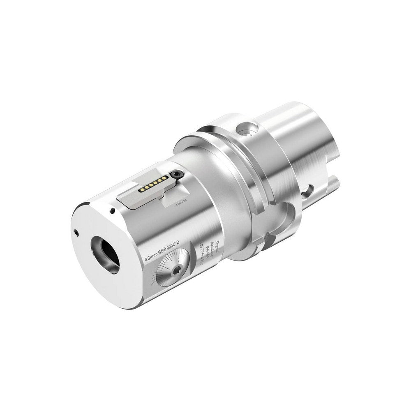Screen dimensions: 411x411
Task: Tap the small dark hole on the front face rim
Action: pyautogui.click(x=76, y=231)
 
